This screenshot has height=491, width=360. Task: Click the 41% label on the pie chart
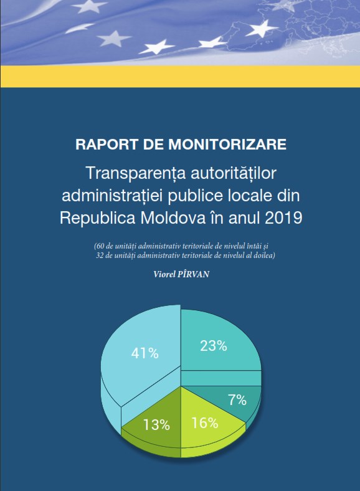tap(145, 353)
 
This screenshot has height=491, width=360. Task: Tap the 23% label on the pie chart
tap(214, 346)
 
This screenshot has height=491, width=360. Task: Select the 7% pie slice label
tap(237, 400)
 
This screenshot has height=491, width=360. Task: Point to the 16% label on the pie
tap(205, 423)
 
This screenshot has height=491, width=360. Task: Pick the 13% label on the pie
tap(156, 425)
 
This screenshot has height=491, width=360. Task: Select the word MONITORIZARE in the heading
tap(227, 145)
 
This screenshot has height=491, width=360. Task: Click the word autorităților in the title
tap(233, 173)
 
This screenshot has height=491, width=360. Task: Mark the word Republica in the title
tap(97, 218)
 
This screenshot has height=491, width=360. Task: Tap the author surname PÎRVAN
tap(193, 274)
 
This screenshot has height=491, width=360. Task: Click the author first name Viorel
tap(164, 274)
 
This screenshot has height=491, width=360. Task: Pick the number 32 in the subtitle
tap(100, 255)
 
